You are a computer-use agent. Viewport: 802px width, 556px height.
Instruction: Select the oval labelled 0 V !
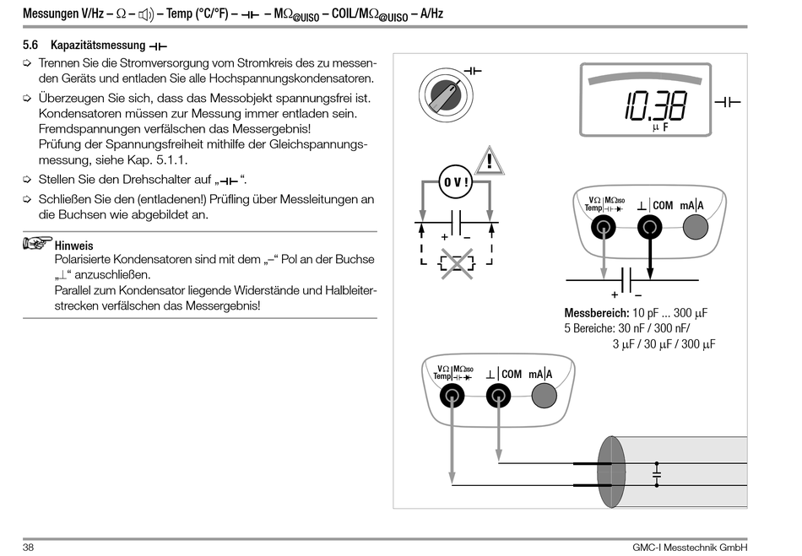pos(456,182)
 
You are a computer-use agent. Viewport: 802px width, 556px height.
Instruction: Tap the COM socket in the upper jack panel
pos(648,225)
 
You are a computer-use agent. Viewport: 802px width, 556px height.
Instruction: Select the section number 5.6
pos(30,44)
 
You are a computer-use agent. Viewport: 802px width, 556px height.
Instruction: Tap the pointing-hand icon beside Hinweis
pos(37,244)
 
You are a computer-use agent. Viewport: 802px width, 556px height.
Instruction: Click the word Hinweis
pos(73,246)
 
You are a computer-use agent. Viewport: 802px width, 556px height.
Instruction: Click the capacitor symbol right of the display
pos(728,102)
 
